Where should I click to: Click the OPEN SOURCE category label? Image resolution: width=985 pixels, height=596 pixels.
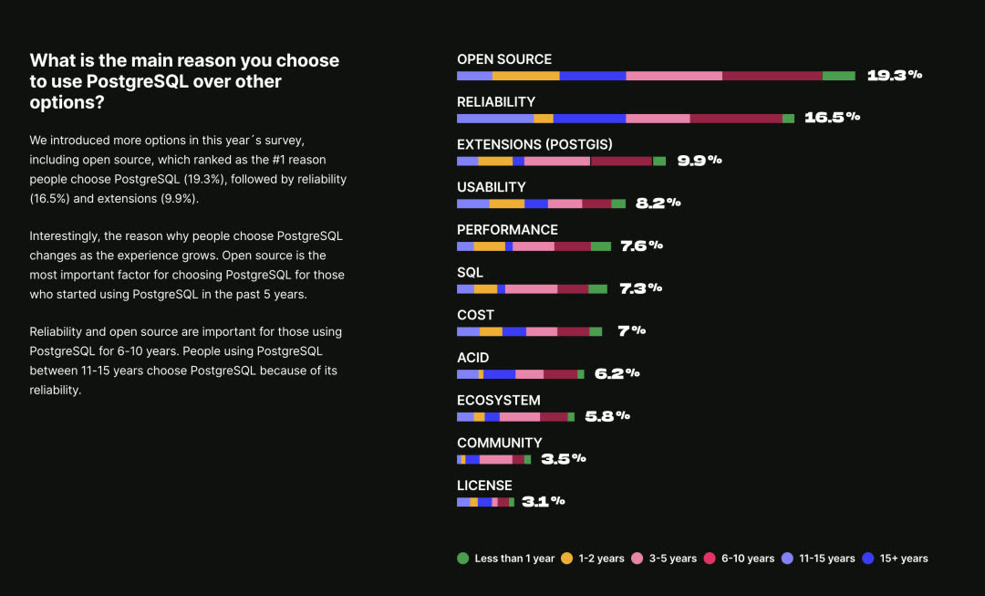504,59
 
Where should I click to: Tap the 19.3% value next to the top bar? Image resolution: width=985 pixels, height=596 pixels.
894,76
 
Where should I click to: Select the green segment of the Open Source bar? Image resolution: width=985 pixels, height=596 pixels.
838,76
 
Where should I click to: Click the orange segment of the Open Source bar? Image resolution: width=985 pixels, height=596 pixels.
525,76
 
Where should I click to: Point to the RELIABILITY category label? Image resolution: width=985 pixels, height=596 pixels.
496,102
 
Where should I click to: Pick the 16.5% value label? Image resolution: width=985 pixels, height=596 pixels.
832,118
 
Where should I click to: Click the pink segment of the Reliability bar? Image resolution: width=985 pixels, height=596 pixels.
658,119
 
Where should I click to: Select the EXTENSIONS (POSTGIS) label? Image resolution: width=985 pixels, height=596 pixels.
534,144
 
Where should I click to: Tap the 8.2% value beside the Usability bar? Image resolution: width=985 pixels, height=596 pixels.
658,204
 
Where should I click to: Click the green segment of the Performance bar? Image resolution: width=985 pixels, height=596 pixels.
600,246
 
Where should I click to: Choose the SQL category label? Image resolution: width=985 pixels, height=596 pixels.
471,272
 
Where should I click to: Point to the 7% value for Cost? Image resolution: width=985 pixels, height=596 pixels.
631,331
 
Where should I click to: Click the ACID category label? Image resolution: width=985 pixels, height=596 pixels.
473,358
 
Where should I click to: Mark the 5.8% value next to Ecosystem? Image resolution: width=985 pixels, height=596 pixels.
607,416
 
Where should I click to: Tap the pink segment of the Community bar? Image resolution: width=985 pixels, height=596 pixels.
495,459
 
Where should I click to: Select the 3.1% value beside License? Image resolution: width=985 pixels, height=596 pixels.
544,501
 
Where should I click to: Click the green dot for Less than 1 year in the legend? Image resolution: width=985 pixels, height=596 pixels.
462,559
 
